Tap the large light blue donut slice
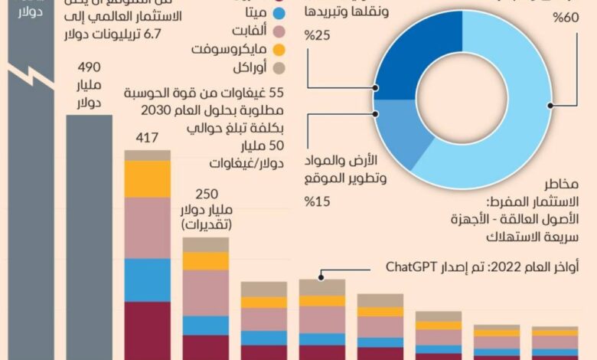coord(520,115)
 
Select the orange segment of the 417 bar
coord(147,178)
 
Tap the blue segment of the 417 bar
coord(147,280)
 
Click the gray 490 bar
coord(89,230)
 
